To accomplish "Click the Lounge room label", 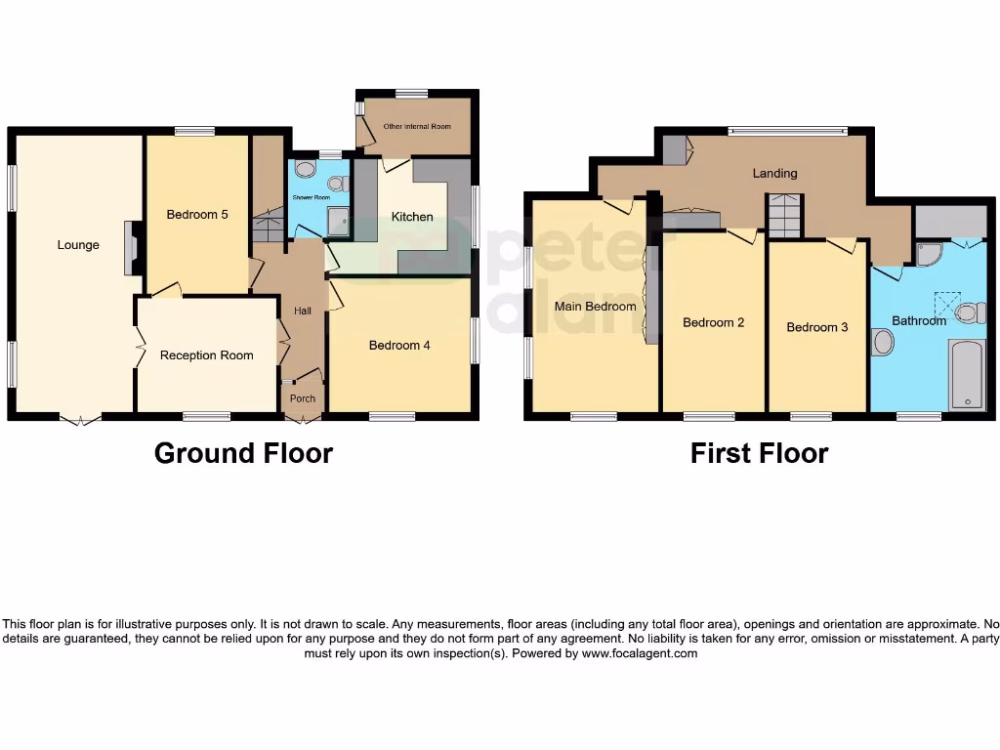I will pyautogui.click(x=78, y=245).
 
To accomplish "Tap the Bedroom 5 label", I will pyautogui.click(x=197, y=215).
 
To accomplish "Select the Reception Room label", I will pyautogui.click(x=207, y=355).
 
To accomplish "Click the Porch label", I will pyautogui.click(x=303, y=398).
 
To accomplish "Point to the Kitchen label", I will pyautogui.click(x=412, y=217).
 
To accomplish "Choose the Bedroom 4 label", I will pyautogui.click(x=399, y=345).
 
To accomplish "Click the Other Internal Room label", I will pyautogui.click(x=417, y=126).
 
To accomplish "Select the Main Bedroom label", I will pyautogui.click(x=596, y=306).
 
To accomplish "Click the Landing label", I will pyautogui.click(x=774, y=173).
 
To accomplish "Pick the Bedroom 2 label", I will pyautogui.click(x=714, y=322).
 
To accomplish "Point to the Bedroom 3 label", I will pyautogui.click(x=817, y=327).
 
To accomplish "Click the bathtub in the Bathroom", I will pyautogui.click(x=968, y=375).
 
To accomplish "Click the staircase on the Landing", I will pyautogui.click(x=783, y=216).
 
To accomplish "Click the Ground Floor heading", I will pyautogui.click(x=243, y=453).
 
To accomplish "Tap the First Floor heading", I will pyautogui.click(x=759, y=453).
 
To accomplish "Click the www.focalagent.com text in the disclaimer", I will pyautogui.click(x=640, y=653).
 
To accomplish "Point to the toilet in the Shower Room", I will pyautogui.click(x=305, y=169).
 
